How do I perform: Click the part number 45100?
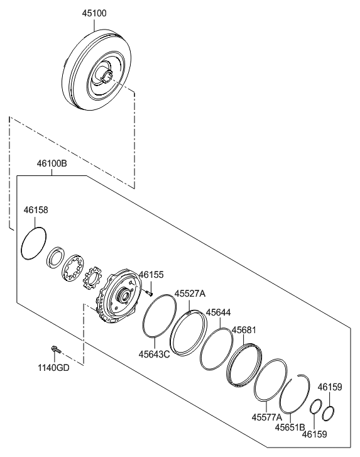[x=94, y=13]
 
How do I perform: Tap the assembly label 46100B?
[x=51, y=164]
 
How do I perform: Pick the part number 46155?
[x=151, y=275]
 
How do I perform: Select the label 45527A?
[x=190, y=294]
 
